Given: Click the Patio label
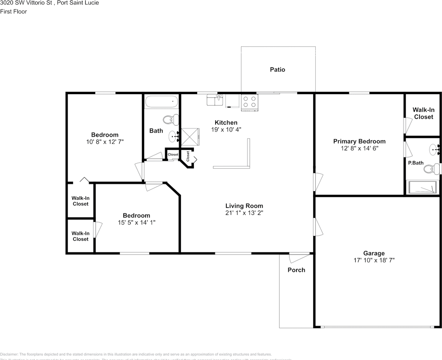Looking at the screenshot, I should coord(277,69).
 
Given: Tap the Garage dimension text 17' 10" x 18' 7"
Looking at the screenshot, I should coord(373,260).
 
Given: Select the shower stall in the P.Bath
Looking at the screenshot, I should coord(423,187).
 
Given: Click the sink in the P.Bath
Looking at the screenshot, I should coord(435,150).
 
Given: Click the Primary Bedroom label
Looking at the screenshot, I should coord(359,141).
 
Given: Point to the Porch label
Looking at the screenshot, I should coord(296,270).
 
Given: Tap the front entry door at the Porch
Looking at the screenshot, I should coord(299,258).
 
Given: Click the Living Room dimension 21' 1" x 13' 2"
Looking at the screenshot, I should coord(244,213).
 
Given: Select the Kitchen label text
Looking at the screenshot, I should coord(226,123).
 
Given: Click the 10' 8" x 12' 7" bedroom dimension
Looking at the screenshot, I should coord(105,142).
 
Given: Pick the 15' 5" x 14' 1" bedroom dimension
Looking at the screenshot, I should coord(136,222).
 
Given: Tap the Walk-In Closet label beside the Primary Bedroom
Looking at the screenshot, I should coord(423,113).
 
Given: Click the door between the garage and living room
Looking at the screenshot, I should coord(318,227).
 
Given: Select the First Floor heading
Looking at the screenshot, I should coord(13,12).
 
